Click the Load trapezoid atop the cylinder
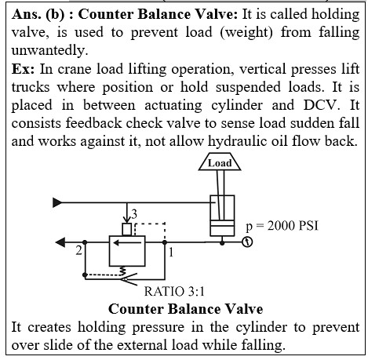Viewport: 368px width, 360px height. click(x=220, y=162)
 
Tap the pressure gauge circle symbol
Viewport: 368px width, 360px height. click(x=247, y=242)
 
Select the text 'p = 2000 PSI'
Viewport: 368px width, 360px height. click(x=282, y=226)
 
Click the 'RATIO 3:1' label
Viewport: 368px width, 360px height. click(x=174, y=291)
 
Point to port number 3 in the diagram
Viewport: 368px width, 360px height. click(x=134, y=214)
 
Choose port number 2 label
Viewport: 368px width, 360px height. click(x=78, y=250)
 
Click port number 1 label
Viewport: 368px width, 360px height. click(x=171, y=253)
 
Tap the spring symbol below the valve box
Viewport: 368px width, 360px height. click(x=122, y=271)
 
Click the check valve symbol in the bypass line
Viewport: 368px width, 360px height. click(x=129, y=279)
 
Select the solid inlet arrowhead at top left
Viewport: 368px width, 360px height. click(x=57, y=202)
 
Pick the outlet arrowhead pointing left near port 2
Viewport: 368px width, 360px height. click(x=60, y=242)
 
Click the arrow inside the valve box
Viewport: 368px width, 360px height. click(x=127, y=243)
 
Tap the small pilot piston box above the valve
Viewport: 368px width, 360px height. click(x=127, y=230)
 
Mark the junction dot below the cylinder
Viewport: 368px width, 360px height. click(x=222, y=243)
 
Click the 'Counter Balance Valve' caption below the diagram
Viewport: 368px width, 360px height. click(x=186, y=309)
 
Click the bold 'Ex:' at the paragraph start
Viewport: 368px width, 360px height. click(x=23, y=69)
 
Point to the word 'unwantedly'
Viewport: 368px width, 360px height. click(x=49, y=50)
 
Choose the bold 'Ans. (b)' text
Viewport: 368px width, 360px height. click(x=38, y=14)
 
